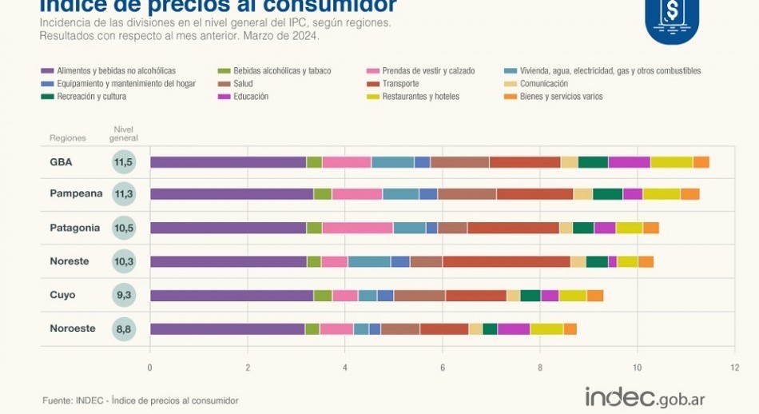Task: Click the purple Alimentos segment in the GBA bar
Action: point(228,162)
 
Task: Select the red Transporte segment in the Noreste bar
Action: point(507,261)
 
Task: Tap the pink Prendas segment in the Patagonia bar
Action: point(357,228)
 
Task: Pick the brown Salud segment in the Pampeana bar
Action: point(467,193)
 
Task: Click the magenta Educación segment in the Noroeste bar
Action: point(513,328)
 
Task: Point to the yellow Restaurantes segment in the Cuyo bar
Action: point(573,296)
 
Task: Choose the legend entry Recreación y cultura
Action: point(82,97)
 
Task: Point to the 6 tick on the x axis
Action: point(442,368)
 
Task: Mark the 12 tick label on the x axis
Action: point(733,368)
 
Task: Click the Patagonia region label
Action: point(74,228)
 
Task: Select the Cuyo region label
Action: point(62,295)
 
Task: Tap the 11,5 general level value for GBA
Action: point(123,162)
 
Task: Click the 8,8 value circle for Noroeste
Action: point(123,328)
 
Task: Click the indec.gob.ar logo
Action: point(645,397)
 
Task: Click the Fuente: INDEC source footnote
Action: point(140,400)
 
